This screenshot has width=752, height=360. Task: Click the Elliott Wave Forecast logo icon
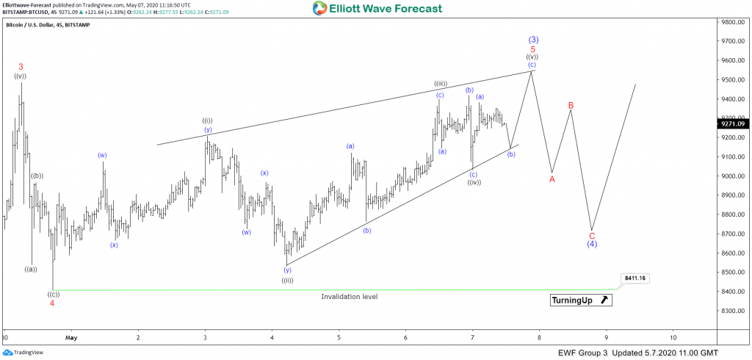[x=319, y=9]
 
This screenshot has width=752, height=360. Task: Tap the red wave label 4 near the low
[x=51, y=303]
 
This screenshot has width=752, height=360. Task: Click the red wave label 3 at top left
[x=21, y=67]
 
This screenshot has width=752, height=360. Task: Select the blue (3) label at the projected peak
[x=534, y=40]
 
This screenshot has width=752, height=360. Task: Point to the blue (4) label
[x=592, y=244]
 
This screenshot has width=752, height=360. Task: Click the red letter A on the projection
[x=552, y=179]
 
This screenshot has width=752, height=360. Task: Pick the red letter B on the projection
[x=571, y=105]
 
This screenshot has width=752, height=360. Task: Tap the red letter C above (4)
[x=592, y=235]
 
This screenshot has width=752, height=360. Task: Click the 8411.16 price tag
[x=634, y=278]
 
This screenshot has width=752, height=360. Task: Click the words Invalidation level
[x=349, y=296]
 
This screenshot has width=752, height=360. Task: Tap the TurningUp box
[x=580, y=300]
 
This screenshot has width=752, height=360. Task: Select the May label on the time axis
[x=71, y=337]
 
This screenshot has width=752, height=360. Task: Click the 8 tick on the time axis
[x=539, y=337]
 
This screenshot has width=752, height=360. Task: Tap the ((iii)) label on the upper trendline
[x=441, y=84]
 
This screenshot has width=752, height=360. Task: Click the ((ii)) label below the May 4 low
[x=287, y=280]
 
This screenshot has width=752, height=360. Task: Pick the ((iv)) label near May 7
[x=474, y=182]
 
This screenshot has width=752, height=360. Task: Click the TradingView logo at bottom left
[x=23, y=353]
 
